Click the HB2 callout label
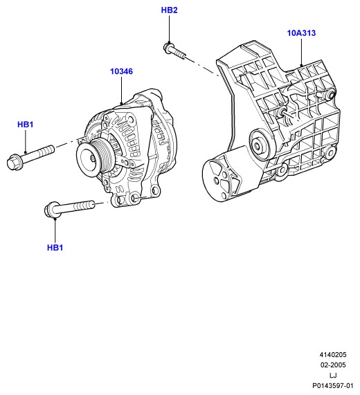pyautogui.click(x=169, y=10)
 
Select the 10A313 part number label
pyautogui.click(x=301, y=33)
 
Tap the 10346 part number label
pyautogui.click(x=121, y=71)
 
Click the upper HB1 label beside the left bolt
pyautogui.click(x=25, y=125)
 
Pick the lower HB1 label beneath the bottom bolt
pyautogui.click(x=55, y=248)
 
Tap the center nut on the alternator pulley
pyautogui.click(x=93, y=158)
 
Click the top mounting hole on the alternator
pyautogui.click(x=131, y=118)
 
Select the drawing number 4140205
pyautogui.click(x=333, y=355)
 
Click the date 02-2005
pyautogui.click(x=333, y=365)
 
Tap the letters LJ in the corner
pyautogui.click(x=333, y=376)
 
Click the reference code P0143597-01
pyautogui.click(x=333, y=386)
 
